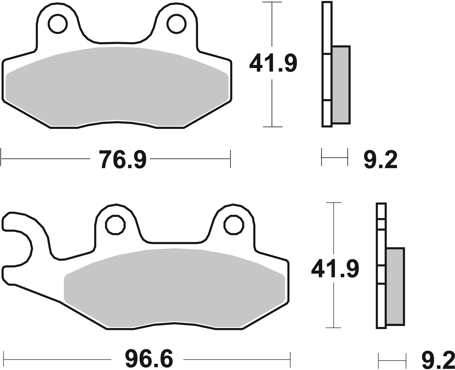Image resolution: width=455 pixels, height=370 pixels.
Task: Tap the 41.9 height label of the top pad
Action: [273, 63]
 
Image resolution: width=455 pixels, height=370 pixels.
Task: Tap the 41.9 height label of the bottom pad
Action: [335, 269]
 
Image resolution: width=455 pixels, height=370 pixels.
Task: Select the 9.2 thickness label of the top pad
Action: [381, 160]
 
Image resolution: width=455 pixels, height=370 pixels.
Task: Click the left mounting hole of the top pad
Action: [58, 24]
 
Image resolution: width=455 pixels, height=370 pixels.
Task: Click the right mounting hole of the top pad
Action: [177, 24]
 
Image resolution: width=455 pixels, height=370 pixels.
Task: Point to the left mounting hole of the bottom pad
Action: [115, 225]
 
